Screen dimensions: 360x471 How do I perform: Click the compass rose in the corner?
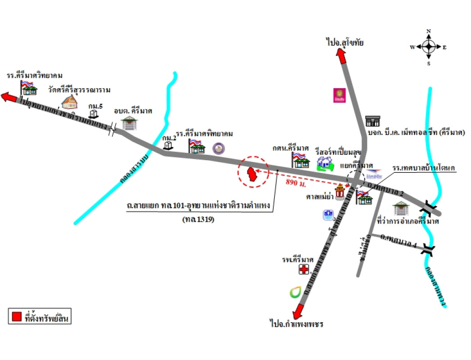click(428, 46)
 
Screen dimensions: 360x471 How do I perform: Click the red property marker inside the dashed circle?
click(253, 175)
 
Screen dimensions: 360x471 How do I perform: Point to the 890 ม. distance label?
click(296, 183)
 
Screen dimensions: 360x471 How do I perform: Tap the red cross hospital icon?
click(304, 270)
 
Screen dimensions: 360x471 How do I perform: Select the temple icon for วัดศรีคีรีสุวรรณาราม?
click(70, 102)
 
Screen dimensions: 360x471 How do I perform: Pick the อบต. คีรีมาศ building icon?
click(129, 123)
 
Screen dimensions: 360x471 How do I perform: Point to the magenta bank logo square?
click(339, 95)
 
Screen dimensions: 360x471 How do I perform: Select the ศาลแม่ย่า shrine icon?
click(339, 193)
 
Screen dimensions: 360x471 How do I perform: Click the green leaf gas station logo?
click(296, 292)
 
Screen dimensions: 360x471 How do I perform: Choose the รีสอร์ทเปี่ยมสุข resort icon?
click(325, 164)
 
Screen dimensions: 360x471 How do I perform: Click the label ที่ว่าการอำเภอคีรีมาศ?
click(408, 221)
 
